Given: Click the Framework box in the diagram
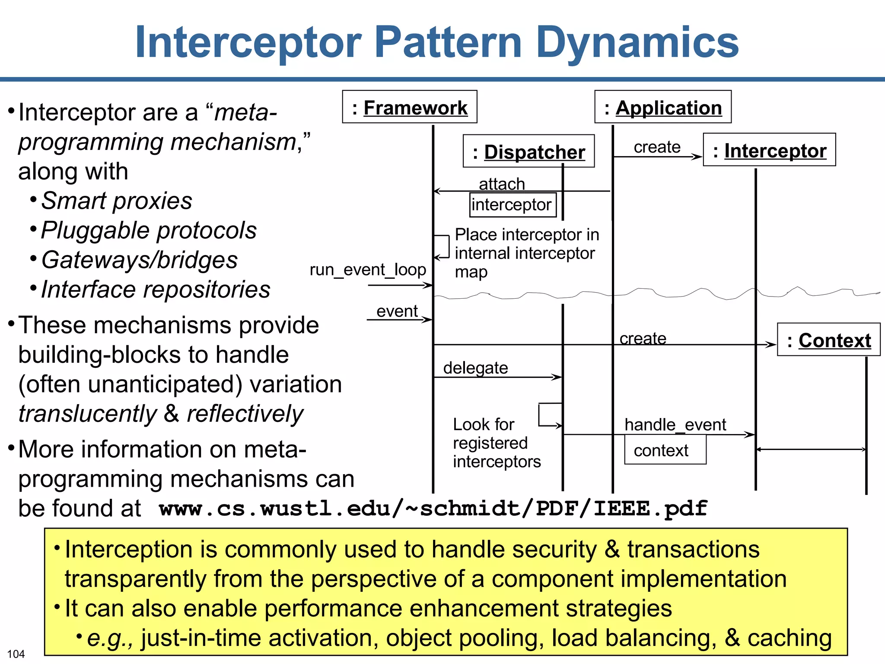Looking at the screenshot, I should tap(409, 107).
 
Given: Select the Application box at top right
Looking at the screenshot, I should tap(662, 107).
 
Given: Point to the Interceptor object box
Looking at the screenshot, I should tap(769, 150).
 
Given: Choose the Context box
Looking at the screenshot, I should tap(828, 340).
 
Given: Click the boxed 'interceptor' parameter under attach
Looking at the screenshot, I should tap(513, 204).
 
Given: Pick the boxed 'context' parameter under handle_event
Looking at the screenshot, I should tap(665, 450).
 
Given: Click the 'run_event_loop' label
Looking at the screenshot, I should tap(368, 269).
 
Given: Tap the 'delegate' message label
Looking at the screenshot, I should tap(475, 368).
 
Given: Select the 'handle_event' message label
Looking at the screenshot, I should tap(675, 425).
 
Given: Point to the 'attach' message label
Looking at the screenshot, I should tap(502, 184).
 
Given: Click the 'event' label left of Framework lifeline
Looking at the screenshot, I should tap(397, 311).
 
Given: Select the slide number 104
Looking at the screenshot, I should tap(16, 654).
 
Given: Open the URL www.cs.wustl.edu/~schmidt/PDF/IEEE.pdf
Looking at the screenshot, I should tap(433, 508).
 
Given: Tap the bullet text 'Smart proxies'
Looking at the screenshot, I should tap(116, 201).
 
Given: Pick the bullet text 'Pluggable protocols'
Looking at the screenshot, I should tap(149, 230).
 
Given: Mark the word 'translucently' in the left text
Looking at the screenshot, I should tap(88, 414).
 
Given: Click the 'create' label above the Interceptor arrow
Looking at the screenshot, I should tap(657, 147).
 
